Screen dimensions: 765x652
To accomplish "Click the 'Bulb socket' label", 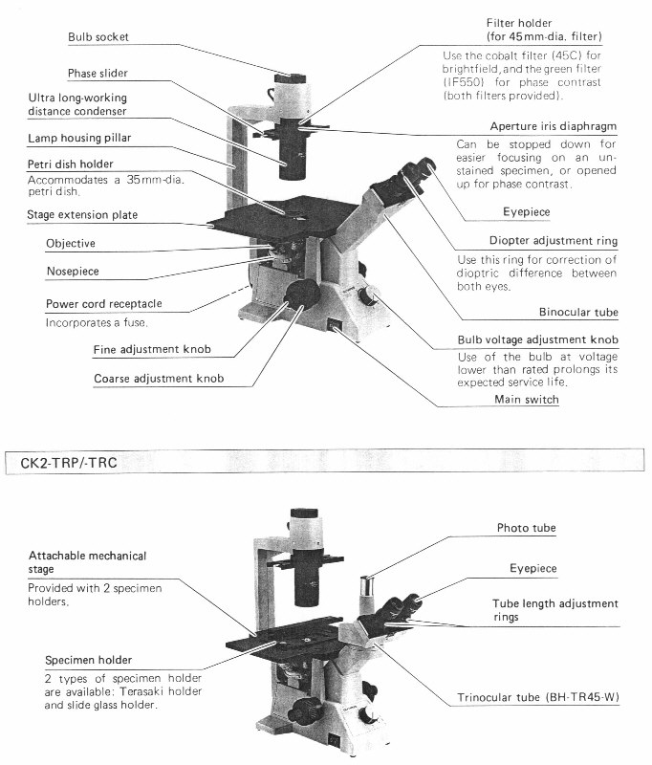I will pos(98,37).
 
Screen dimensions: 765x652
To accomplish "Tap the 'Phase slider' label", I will pos(98,74).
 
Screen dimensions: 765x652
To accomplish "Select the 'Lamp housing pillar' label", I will pos(94,138).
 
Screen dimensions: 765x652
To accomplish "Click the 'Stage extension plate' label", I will pos(82,215).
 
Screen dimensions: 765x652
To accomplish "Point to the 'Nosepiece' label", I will pos(73,272).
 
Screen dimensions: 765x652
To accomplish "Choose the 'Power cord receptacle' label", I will pos(103,304).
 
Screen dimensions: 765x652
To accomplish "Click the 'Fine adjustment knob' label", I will pos(152,349).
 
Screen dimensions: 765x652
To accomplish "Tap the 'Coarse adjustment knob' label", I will pos(159,379).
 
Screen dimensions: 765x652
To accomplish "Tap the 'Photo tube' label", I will pos(526,528).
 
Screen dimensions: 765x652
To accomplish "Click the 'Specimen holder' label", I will pos(88,660).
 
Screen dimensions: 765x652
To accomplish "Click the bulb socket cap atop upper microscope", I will pos(290,77).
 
